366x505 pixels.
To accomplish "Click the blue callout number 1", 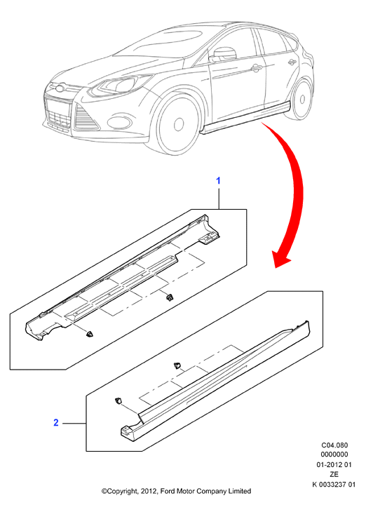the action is pos(218,181).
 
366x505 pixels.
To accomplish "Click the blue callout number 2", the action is pos(56,422).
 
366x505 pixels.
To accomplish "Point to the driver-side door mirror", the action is pos(223,55).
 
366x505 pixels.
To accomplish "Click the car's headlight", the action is pos(120,85).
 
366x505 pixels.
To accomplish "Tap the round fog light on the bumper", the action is pos(119,122).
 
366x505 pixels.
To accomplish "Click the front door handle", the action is pos(256,67).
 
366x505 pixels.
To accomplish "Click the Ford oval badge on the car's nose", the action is pos(60,87).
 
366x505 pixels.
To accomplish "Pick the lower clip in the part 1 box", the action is pos(89,335).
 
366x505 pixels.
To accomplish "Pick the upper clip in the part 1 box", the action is pos(169,297).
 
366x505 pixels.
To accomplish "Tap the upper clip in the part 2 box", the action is pos(177,365).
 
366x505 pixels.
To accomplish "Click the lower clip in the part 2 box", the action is pos(118,400).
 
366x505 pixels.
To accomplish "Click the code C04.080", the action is pos(334,445).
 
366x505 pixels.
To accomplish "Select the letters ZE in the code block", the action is pos(334,474).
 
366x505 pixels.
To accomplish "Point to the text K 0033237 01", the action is pos(334,485).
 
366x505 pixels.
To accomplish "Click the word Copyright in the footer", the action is pos(122,492).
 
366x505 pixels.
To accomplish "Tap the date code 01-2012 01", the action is pos(334,465).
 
